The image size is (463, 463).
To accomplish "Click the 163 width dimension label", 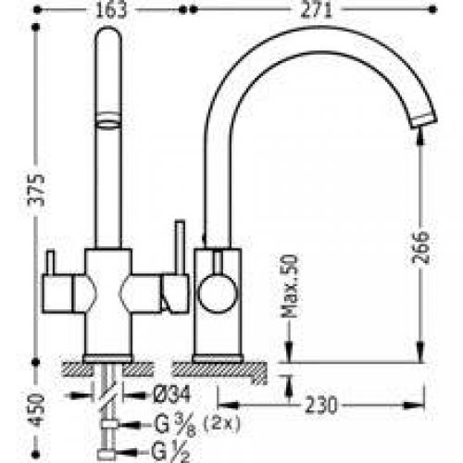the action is click(111, 10).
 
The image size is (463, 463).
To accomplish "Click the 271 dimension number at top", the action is click(317, 10).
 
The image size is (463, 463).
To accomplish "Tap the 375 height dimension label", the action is click(36, 191).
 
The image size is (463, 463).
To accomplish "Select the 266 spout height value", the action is click(420, 248).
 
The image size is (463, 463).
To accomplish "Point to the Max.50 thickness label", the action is click(291, 286).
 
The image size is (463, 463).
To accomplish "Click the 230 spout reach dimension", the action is click(321, 405).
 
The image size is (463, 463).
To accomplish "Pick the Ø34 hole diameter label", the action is click(172, 394).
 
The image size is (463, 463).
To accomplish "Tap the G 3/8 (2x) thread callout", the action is click(196, 424).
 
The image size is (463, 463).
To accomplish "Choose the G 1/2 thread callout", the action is click(170, 451).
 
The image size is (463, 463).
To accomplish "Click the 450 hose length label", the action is click(36, 410).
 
